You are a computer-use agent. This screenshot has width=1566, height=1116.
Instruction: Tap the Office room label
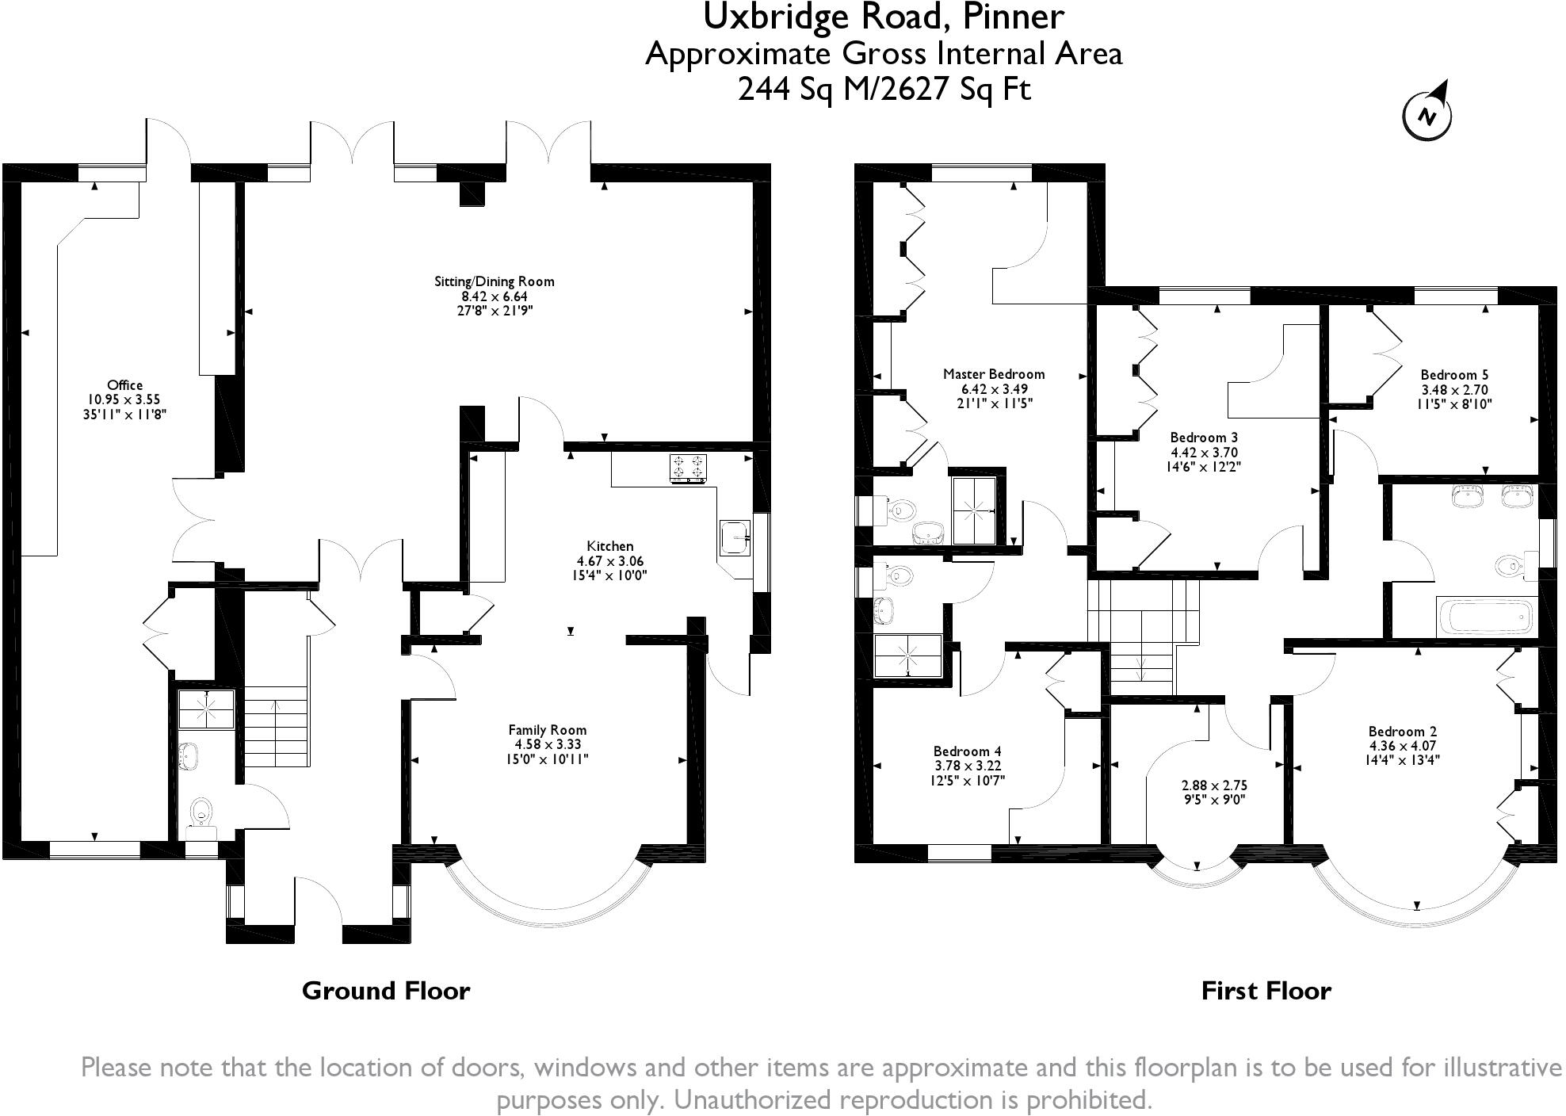pyautogui.click(x=125, y=385)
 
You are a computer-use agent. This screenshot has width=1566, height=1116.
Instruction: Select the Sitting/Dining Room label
pyautogui.click(x=494, y=281)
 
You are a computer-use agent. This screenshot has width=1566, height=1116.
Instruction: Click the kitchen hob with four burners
pyautogui.click(x=689, y=468)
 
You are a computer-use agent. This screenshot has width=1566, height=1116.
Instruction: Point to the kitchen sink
pyautogui.click(x=735, y=538)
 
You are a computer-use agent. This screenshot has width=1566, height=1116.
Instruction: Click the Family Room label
pyautogui.click(x=548, y=730)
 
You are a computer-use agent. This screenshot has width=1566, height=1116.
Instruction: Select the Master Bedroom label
pyautogui.click(x=994, y=374)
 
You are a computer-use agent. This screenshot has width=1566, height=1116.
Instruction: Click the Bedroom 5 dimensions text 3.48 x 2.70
pyautogui.click(x=1454, y=390)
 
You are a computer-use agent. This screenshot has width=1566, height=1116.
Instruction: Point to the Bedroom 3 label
pyautogui.click(x=1204, y=438)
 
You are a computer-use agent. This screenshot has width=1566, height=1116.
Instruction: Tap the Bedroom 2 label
pyautogui.click(x=1402, y=732)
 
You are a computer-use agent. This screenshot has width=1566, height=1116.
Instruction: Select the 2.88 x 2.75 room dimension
pyautogui.click(x=1214, y=785)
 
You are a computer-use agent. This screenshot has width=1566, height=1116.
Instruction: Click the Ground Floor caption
pyautogui.click(x=386, y=991)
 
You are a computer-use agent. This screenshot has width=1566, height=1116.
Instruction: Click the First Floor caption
pyautogui.click(x=1266, y=991)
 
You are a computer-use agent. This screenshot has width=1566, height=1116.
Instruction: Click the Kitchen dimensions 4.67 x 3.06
pyautogui.click(x=609, y=561)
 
